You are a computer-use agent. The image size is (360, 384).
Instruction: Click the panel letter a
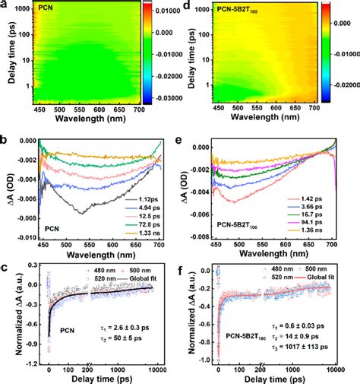click(5, 6)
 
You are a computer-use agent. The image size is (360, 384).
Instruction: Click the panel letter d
click(186, 6)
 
